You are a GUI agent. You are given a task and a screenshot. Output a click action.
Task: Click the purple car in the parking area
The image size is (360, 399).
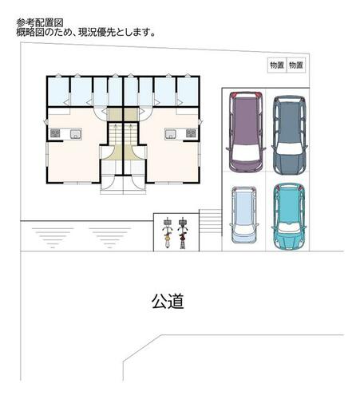pyautogui.click(x=246, y=132)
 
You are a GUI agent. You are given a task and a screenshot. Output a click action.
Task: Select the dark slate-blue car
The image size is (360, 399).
pyautogui.click(x=290, y=135)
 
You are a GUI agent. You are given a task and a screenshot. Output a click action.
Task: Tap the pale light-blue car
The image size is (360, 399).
pyautogui.click(x=243, y=215)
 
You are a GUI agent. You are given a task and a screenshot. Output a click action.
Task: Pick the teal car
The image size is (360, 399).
pyautogui.click(x=289, y=216)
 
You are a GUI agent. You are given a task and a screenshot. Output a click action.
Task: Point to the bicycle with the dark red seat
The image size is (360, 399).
pyautogui.click(x=183, y=233)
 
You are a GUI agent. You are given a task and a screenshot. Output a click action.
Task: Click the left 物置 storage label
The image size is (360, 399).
pyautogui.click(x=277, y=65)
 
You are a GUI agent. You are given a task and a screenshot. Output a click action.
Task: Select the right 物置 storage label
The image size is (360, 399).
pyautogui.click(x=296, y=65)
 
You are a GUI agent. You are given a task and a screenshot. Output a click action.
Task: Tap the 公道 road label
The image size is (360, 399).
pyautogui.click(x=168, y=302)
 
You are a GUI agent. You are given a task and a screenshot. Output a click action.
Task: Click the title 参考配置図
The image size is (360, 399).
pyautogui.click(x=40, y=23)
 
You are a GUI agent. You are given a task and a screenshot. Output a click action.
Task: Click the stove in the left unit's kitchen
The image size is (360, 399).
pyautogui.click(x=55, y=133)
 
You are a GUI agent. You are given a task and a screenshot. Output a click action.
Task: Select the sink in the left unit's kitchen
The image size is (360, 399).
pyautogui.click(x=76, y=134)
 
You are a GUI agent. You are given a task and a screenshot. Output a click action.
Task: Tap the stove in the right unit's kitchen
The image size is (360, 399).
pyautogui.click(x=191, y=133)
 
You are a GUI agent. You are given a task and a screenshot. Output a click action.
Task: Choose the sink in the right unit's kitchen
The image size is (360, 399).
pyautogui.click(x=170, y=134)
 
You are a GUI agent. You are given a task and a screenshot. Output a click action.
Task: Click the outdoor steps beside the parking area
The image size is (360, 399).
pyautogui.click(x=211, y=223)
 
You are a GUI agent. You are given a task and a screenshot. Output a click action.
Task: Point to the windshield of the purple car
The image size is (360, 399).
pyautogui.click(x=246, y=153)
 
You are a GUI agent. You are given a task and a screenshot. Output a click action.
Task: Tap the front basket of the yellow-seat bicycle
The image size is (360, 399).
pyautogui.click(x=168, y=221)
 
